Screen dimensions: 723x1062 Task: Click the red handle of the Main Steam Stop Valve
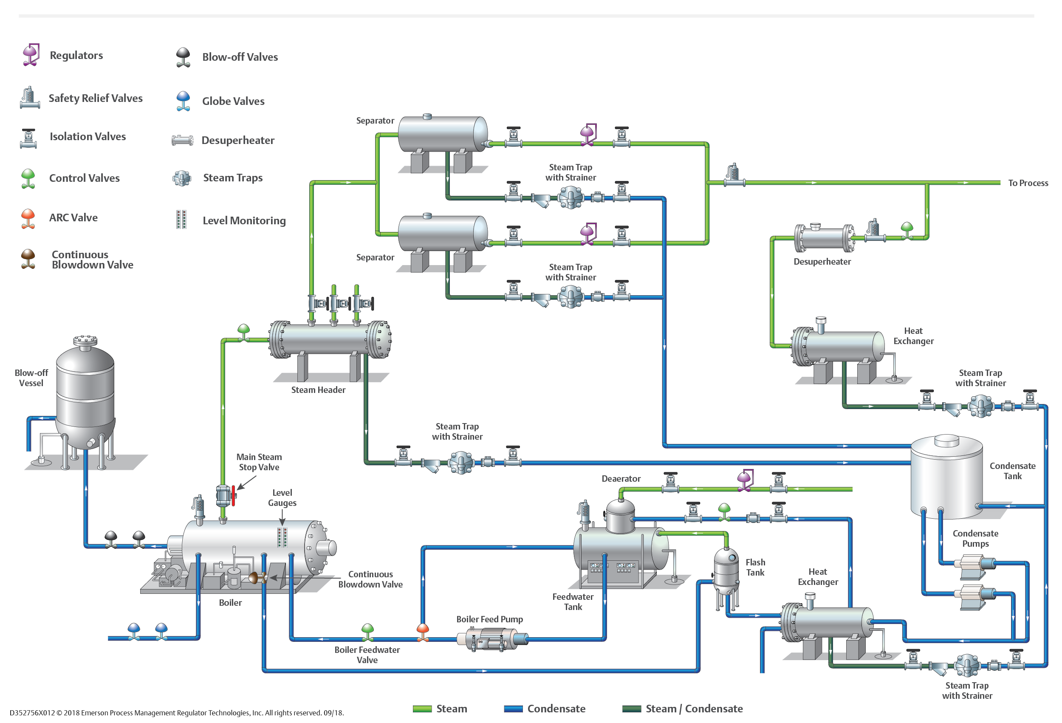(233, 495)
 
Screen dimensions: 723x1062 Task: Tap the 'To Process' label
(1028, 183)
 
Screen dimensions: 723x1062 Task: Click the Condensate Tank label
(1012, 471)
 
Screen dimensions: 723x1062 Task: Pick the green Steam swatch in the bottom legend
(422, 709)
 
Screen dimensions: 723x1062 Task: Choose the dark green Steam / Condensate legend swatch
(632, 709)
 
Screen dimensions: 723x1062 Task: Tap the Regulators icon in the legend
(31, 55)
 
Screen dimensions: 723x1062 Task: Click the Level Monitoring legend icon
(181, 219)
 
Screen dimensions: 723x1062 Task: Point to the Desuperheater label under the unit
(822, 261)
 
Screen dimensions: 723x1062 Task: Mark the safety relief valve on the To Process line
(734, 174)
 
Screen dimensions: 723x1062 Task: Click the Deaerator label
(621, 478)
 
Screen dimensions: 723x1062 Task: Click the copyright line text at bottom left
(176, 712)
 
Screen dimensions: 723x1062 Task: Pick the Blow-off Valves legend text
(240, 57)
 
